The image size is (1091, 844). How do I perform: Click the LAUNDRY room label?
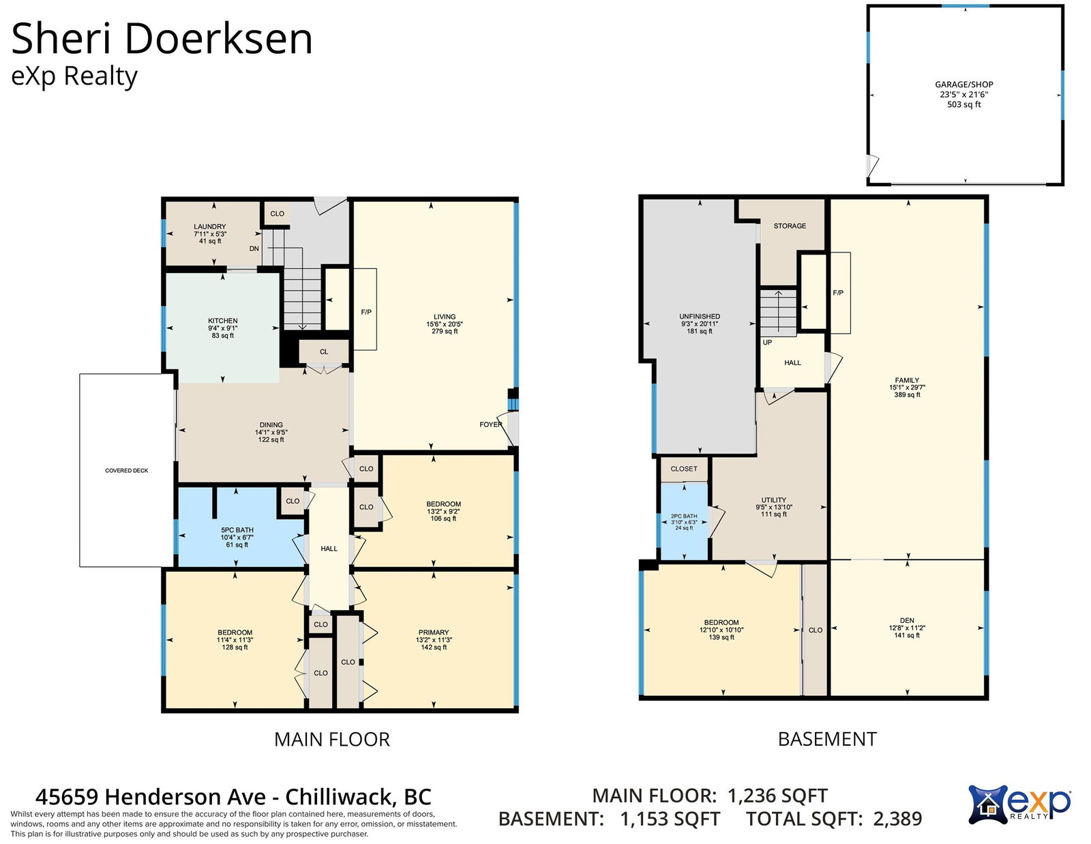210,227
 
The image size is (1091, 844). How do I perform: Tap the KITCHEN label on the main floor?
223,321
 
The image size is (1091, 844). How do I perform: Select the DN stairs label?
254,248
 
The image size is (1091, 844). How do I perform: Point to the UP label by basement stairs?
767,343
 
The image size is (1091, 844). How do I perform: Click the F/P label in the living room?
366,312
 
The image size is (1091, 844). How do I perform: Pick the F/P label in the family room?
838,293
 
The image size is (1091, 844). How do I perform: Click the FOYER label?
490,424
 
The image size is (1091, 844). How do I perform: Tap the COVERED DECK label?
127,471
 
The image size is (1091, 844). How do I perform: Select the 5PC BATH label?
237,530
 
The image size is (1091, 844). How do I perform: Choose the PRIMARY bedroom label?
434,632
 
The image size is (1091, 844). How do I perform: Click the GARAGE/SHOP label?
964,85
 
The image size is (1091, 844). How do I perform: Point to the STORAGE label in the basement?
790,226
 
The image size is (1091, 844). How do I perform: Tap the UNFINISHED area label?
700,317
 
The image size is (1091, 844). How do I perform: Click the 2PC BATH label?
684,516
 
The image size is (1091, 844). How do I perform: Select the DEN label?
907,620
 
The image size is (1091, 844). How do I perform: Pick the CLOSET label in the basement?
684,469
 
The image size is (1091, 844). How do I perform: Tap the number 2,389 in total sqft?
898,818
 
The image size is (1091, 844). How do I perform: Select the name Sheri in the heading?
61,39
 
